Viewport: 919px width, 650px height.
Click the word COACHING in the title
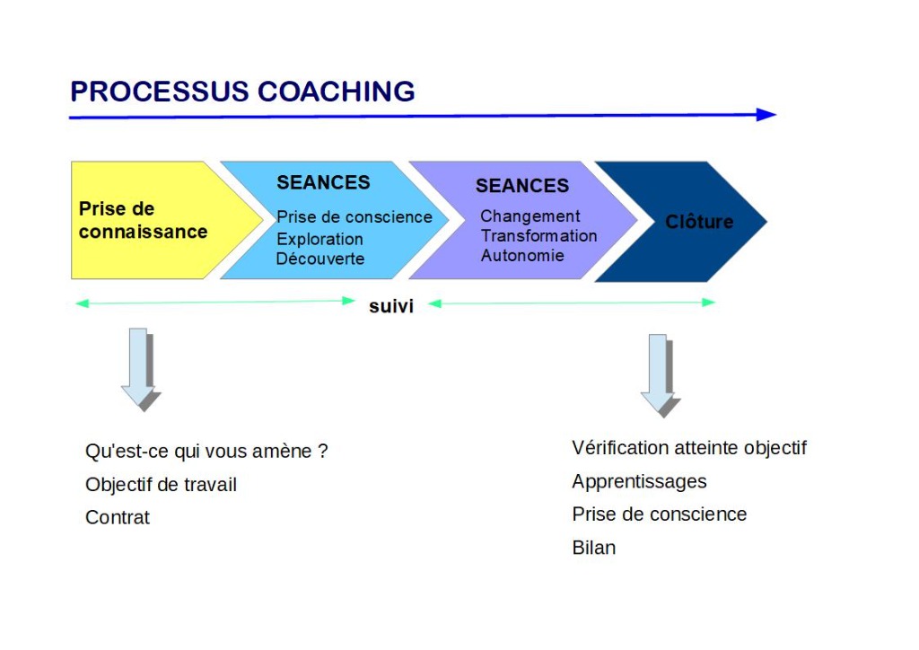(x=336, y=92)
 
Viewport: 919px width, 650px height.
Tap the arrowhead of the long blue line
(x=766, y=114)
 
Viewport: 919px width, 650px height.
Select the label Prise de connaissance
(x=143, y=220)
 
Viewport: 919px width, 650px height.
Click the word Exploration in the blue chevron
(x=319, y=239)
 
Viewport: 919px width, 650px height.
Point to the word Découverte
(x=320, y=259)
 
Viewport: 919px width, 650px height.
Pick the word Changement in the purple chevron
(x=530, y=216)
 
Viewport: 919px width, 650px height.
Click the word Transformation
(x=538, y=235)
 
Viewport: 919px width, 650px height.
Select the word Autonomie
(x=522, y=256)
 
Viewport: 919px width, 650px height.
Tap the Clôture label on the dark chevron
(x=699, y=222)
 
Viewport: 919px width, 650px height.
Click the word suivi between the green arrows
(x=391, y=306)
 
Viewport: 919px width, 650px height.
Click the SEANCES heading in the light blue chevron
(x=323, y=182)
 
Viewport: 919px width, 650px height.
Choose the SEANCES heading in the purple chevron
(x=522, y=186)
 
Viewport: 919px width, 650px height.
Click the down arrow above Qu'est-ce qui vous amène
(x=141, y=369)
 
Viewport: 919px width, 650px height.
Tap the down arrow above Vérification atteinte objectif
(x=661, y=375)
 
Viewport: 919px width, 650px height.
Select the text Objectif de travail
(x=161, y=485)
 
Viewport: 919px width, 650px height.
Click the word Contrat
(x=118, y=517)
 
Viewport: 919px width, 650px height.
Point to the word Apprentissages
(x=639, y=482)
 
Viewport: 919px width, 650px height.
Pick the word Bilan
(x=594, y=548)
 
